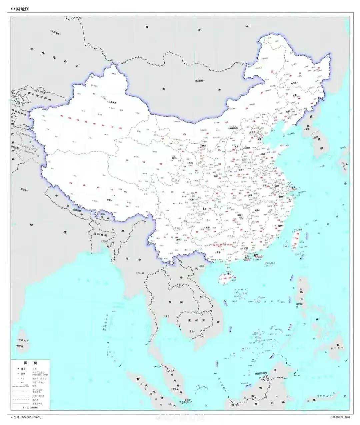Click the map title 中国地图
click(x=20, y=9)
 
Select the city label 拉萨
click(x=109, y=199)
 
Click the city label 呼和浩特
click(x=235, y=128)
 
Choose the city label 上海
click(x=293, y=188)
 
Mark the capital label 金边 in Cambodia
click(x=191, y=331)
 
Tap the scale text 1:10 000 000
click(x=30, y=408)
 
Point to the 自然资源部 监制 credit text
click(x=340, y=417)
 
